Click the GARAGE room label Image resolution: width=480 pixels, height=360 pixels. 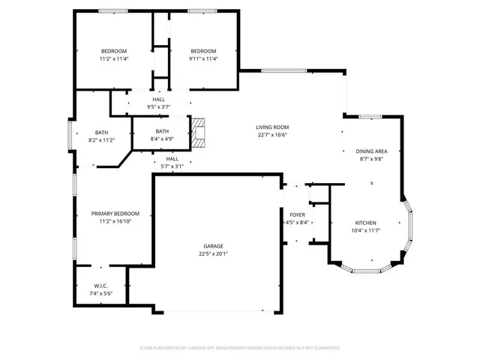coord(213,246)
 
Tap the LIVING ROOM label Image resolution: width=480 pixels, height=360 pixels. coord(273,127)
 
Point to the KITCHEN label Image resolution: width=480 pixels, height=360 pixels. coord(365,223)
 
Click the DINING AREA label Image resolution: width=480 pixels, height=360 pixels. coord(371,151)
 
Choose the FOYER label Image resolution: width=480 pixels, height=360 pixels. coord(298,214)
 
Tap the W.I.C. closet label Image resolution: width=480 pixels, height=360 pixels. coord(101,285)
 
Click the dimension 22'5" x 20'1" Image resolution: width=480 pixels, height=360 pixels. coord(213,253)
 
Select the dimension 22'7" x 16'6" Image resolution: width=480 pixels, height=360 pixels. coord(273,135)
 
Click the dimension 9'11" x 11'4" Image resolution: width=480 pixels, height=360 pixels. coord(203,58)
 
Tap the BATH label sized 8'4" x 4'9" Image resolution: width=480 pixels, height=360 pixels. coord(162,130)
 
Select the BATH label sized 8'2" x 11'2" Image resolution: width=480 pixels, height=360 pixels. coord(101,133)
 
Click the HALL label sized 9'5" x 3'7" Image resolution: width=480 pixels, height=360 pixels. coord(158,99)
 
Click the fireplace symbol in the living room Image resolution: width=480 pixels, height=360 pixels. coord(197,130)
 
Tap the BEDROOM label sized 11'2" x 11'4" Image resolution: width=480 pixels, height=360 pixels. coord(115,51)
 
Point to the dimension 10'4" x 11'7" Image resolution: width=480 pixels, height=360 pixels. coord(365,230)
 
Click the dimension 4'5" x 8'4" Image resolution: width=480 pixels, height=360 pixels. coord(298,222)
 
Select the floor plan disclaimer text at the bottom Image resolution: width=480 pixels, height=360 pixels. coord(240,348)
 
